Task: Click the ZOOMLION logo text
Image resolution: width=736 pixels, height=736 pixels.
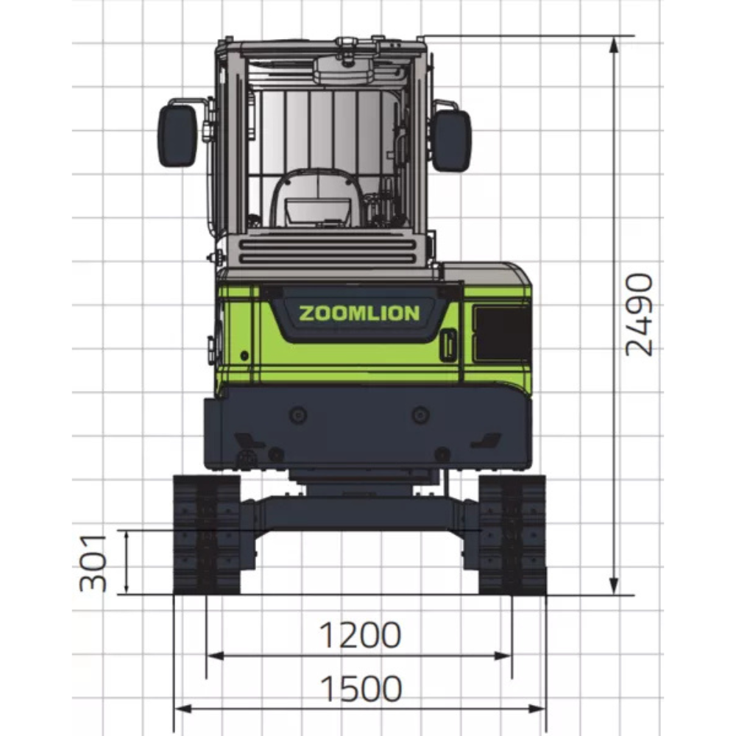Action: click(359, 313)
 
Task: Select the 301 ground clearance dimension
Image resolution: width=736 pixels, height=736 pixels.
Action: click(93, 563)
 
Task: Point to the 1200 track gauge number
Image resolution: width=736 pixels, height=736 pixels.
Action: click(360, 634)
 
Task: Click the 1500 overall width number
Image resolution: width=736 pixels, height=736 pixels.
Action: click(361, 689)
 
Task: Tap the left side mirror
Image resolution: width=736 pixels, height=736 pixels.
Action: click(177, 135)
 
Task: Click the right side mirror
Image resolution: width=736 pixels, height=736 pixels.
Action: click(451, 140)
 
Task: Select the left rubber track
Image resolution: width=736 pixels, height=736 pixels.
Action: click(207, 534)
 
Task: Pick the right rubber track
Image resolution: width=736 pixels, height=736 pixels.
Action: click(512, 534)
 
